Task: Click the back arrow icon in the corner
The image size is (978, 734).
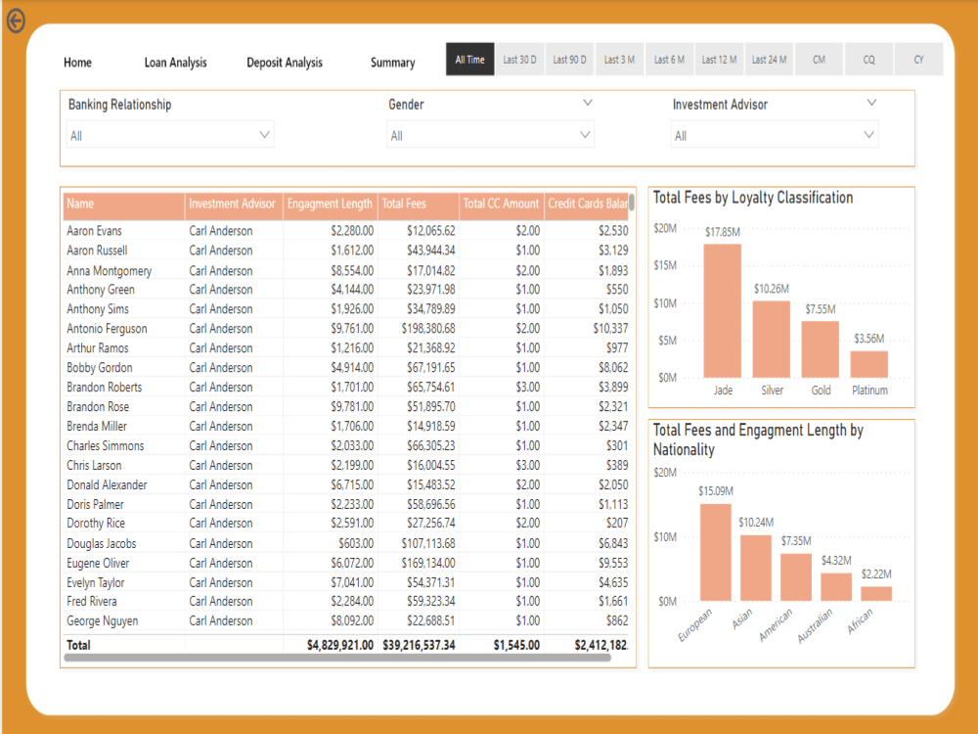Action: pyautogui.click(x=16, y=21)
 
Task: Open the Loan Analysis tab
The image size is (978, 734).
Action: pyautogui.click(x=175, y=63)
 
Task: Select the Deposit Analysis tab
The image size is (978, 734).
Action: pyautogui.click(x=284, y=63)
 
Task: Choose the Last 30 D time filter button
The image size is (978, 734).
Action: pyautogui.click(x=519, y=60)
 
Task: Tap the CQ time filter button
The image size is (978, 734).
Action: pyautogui.click(x=868, y=60)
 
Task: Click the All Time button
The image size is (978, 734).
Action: pyautogui.click(x=469, y=60)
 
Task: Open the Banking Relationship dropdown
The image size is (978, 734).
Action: pyautogui.click(x=170, y=135)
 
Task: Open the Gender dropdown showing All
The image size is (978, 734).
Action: pyautogui.click(x=490, y=135)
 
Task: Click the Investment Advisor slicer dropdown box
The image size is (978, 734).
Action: pyautogui.click(x=774, y=135)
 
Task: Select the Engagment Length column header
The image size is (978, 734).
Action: pyautogui.click(x=330, y=205)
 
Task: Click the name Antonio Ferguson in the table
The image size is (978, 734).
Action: pyautogui.click(x=107, y=329)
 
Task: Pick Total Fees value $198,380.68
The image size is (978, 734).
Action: pyautogui.click(x=427, y=329)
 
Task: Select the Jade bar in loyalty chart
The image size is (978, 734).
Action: pyautogui.click(x=723, y=311)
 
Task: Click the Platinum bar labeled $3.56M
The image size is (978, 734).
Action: pyautogui.click(x=868, y=364)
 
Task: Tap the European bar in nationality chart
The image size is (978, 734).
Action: pyautogui.click(x=715, y=552)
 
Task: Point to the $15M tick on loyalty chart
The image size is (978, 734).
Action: pyautogui.click(x=665, y=265)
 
